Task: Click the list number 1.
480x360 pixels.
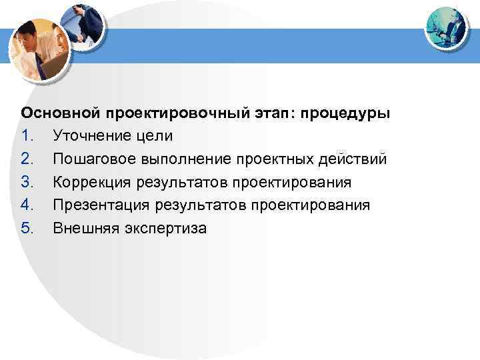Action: point(27,136)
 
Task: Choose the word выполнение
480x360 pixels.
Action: point(180,159)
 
